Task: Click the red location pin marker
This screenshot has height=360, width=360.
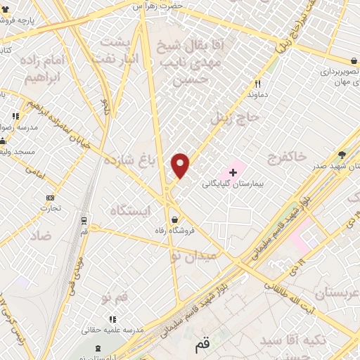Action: [x=181, y=166]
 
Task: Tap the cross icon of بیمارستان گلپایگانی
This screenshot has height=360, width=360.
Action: [x=233, y=172]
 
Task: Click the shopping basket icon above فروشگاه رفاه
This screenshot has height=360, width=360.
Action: [x=174, y=219]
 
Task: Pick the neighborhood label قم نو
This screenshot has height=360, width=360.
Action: [x=115, y=298]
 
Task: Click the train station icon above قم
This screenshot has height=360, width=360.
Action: [x=84, y=220]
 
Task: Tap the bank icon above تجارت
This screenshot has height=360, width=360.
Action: [x=50, y=198]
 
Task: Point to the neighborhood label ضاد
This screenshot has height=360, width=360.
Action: [x=41, y=236]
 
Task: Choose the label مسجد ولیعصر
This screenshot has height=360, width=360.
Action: [x=20, y=132]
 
